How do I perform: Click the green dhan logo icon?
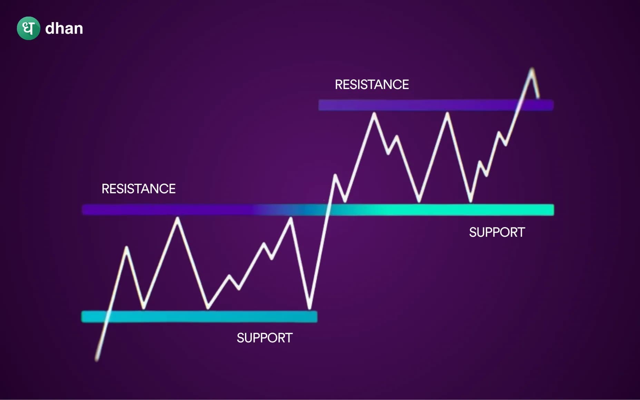point(28,28)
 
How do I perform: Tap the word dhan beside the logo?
point(64,28)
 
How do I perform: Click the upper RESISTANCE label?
point(372,85)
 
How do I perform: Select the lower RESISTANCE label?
point(138,189)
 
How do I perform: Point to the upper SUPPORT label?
point(497,232)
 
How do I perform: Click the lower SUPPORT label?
point(265,338)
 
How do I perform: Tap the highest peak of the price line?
point(532,69)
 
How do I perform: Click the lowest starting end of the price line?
point(97,360)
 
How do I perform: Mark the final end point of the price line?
point(539,97)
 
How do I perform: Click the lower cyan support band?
point(199,317)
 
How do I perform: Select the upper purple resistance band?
point(414,105)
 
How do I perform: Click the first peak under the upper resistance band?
point(374,114)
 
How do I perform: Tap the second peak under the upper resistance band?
point(447,114)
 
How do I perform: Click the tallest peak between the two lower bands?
point(177,218)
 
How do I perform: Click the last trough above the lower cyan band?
point(309,307)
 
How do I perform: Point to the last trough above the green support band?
point(470,201)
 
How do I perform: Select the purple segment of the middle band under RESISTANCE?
point(166,209)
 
